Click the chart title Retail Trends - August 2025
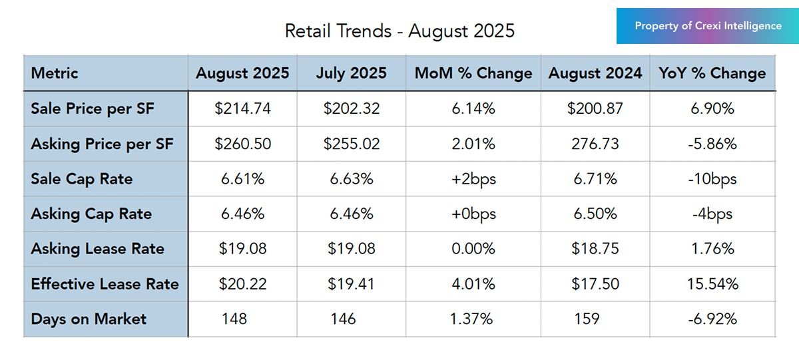pos(400,31)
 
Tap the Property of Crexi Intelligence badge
pos(708,26)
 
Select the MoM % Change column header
pos(473,73)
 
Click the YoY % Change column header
pos(712,73)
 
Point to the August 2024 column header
pos(595,73)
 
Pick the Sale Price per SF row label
pos(92,108)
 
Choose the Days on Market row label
pos(89,319)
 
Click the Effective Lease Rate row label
pos(105,284)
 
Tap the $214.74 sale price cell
pos(242,108)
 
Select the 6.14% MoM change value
pos(473,108)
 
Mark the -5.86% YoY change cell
pos(712,144)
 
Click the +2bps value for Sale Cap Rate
pos(473,179)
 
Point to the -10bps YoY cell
pos(712,179)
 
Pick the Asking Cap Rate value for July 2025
pos(351,214)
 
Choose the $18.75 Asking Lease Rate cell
pos(595,249)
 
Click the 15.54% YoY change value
pos(712,284)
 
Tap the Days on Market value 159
pos(587,319)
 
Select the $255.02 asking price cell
pos(351,144)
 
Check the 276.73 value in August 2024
pos(595,144)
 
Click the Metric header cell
pos(55,73)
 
